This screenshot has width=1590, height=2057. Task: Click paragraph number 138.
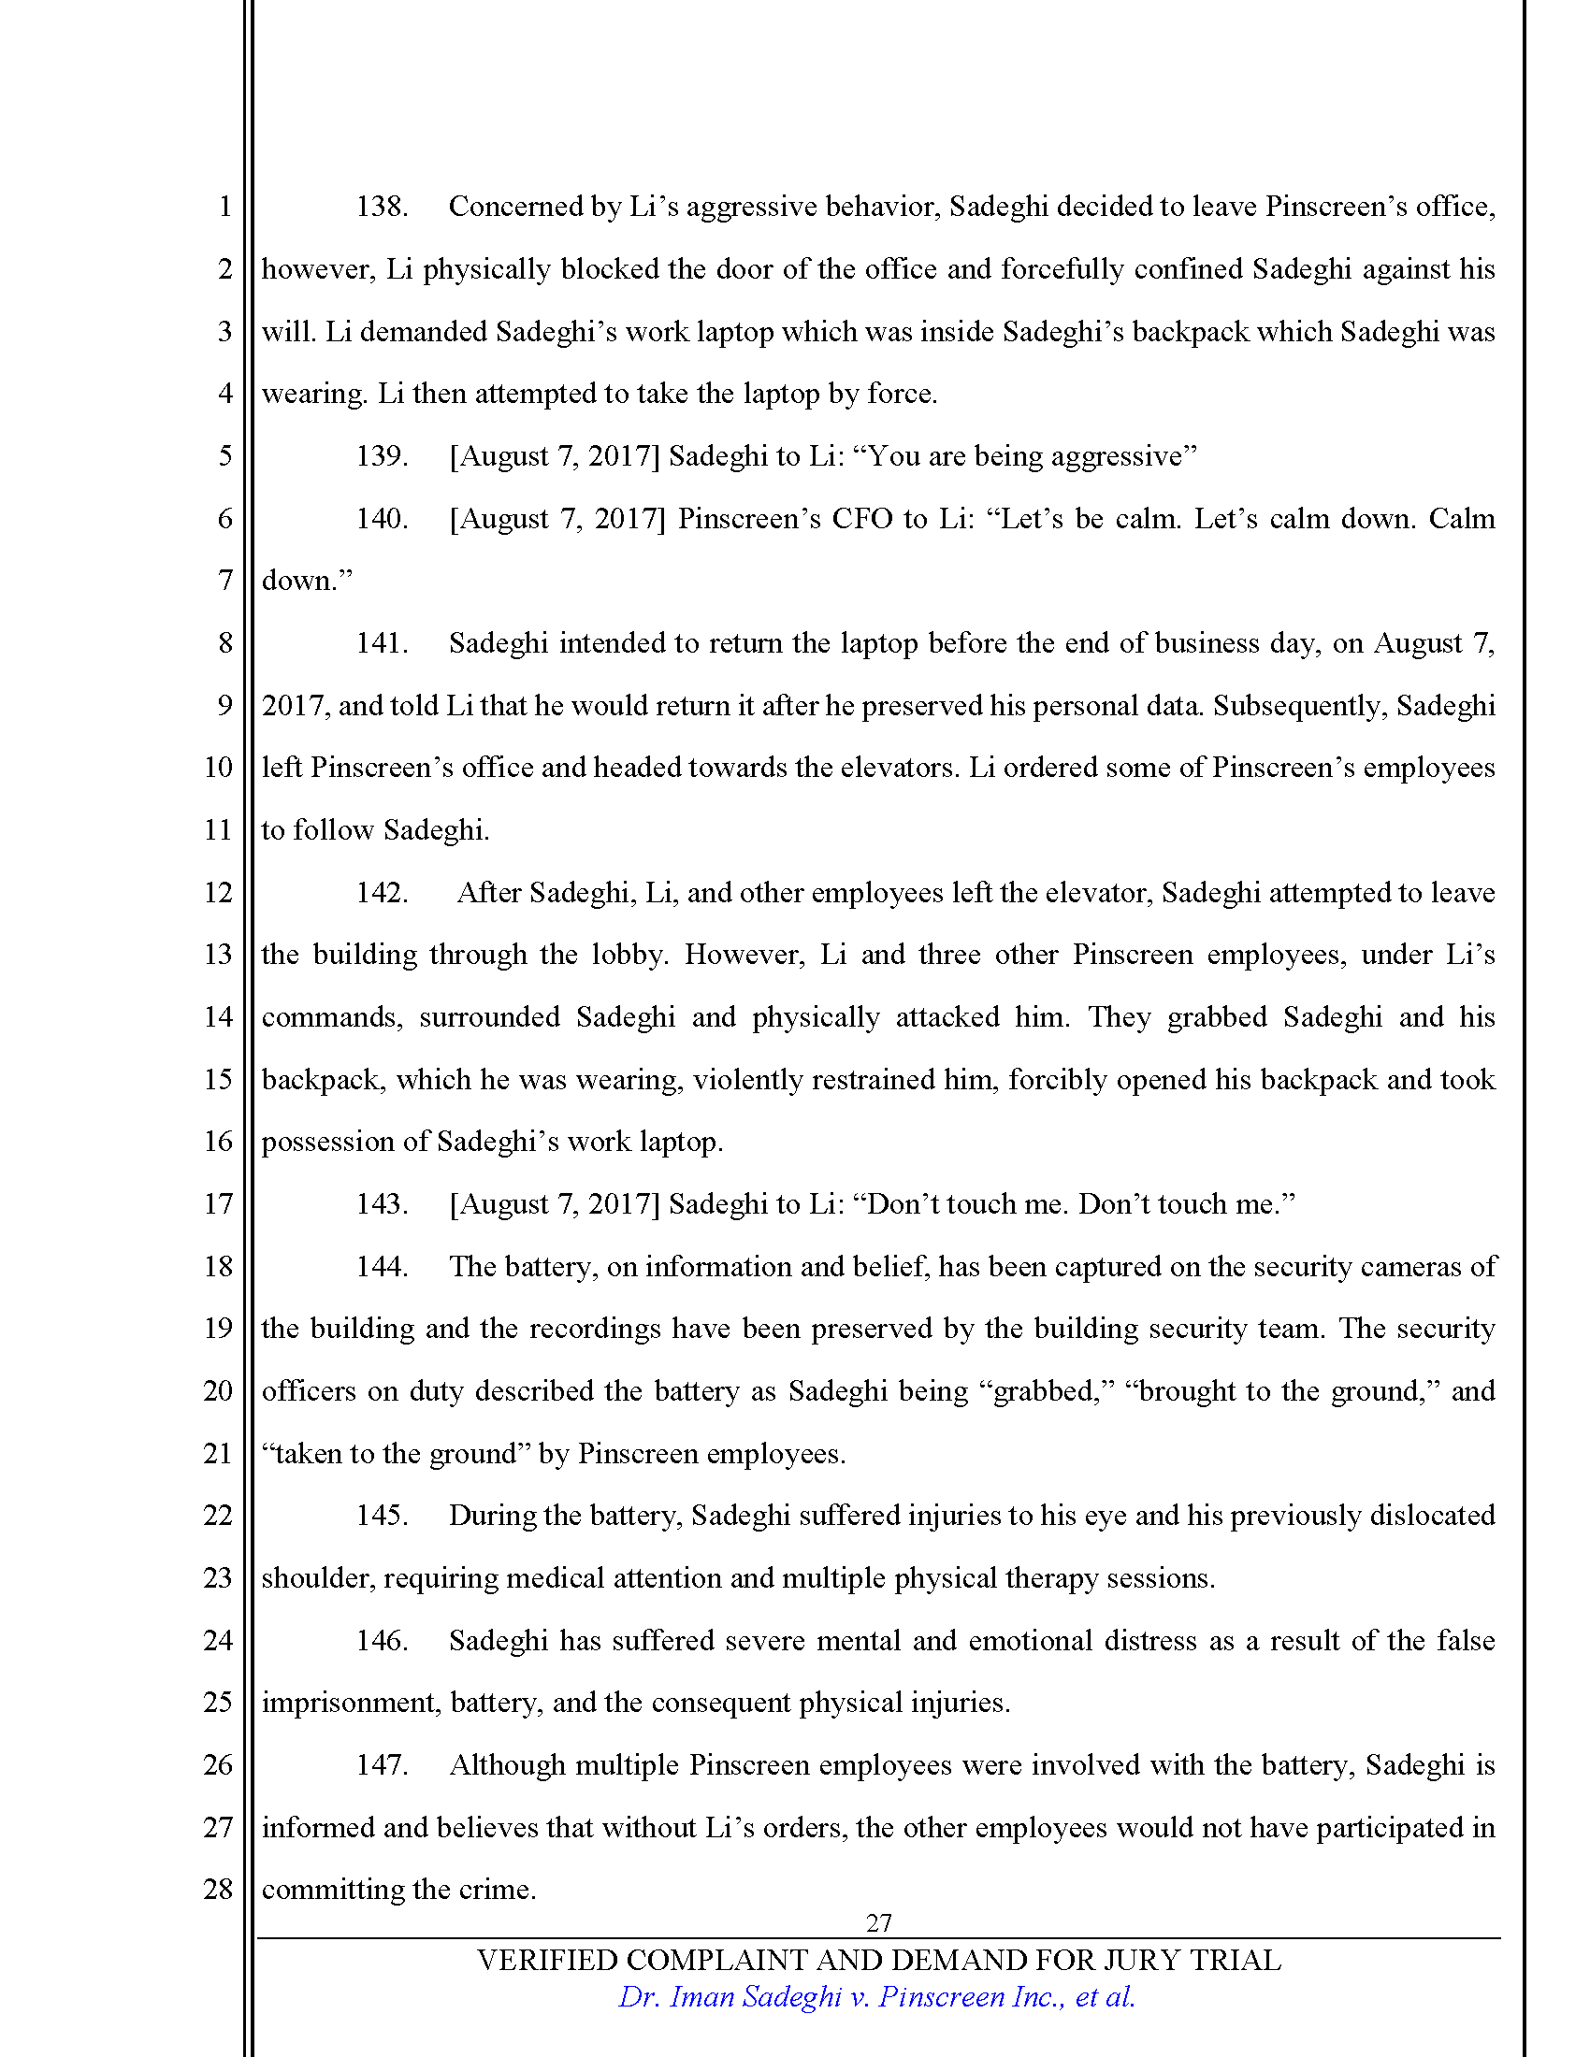tap(382, 207)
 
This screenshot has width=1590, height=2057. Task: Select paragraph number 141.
tap(382, 643)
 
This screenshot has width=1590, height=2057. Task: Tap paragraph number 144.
tap(382, 1267)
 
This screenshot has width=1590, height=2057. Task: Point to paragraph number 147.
tap(382, 1765)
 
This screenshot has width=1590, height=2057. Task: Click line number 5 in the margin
tap(225, 456)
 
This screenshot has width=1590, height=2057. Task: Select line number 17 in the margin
tap(219, 1203)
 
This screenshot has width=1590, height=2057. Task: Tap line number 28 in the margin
tap(219, 1889)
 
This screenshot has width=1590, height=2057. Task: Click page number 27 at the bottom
tap(878, 1922)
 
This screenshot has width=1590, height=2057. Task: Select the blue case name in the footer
tap(876, 1997)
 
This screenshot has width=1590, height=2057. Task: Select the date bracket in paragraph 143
tap(554, 1204)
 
